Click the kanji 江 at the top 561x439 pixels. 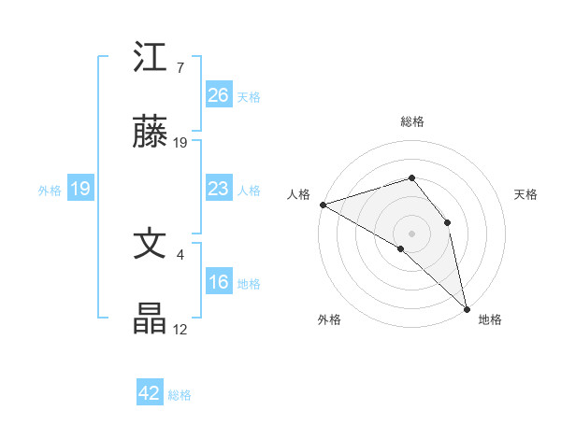coord(151,59)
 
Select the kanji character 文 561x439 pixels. coord(151,244)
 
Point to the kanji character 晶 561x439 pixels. coord(151,319)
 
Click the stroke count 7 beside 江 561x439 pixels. coord(180,67)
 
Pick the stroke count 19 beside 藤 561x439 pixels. coord(180,143)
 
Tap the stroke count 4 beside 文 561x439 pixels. coord(180,252)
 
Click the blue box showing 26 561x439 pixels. coord(218,95)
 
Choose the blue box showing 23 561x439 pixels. coord(218,190)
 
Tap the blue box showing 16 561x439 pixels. coord(218,283)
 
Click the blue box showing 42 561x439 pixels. coord(150,393)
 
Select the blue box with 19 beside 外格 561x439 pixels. coord(80,190)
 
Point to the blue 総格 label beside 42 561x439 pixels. coord(180,395)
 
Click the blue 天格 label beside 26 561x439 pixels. coord(249,97)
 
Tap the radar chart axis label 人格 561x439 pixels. coord(298,194)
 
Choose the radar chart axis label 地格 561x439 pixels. coord(490,319)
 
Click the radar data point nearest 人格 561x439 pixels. coord(323,205)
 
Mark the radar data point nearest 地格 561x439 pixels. coord(467,307)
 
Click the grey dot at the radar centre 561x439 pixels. coord(411,232)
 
